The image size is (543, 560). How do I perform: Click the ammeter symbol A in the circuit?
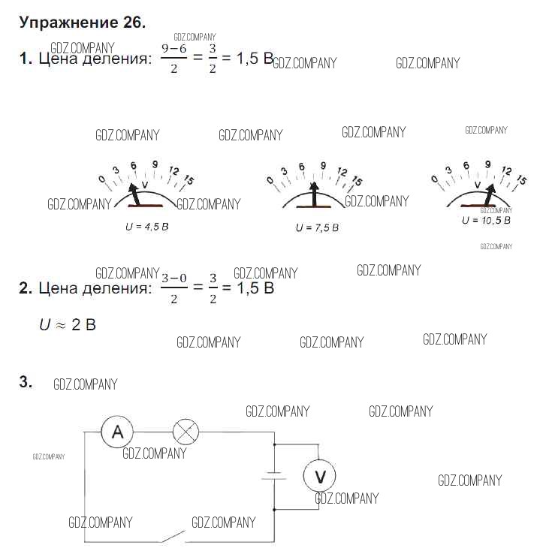pos(117,432)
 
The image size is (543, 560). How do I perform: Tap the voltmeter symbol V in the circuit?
pos(319,475)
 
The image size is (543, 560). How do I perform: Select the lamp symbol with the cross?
pos(186,432)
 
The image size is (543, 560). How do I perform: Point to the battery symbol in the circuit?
pos(275,475)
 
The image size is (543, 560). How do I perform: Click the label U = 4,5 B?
pos(147,225)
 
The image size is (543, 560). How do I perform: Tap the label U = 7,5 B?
pos(317,227)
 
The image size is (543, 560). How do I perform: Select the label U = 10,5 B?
pos(486,220)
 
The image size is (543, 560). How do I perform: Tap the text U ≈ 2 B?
pos(68,325)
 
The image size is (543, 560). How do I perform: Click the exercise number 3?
pos(26,382)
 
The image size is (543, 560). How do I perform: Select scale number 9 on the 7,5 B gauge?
pos(324,167)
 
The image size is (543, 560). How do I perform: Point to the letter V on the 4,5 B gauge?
pos(145,183)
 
